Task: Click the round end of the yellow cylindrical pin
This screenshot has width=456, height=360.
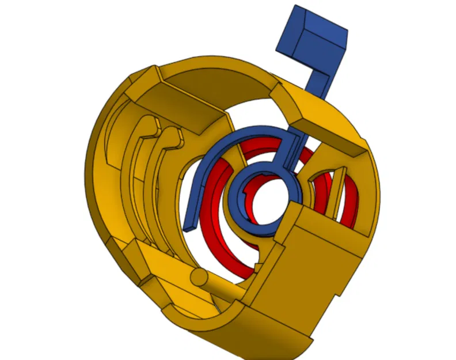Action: pyautogui.click(x=197, y=276)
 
